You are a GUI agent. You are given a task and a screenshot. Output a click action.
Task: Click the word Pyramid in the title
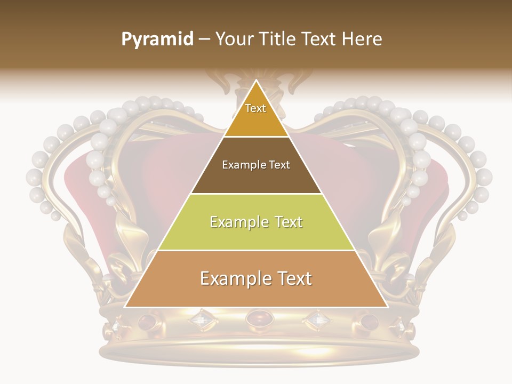click(x=157, y=39)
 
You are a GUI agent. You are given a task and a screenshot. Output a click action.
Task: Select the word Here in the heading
click(x=363, y=39)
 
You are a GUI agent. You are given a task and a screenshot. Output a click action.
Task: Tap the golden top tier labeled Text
click(x=255, y=115)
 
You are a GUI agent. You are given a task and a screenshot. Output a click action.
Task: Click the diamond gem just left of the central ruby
click(x=201, y=320)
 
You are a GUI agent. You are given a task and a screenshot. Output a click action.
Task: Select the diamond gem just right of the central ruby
click(x=317, y=320)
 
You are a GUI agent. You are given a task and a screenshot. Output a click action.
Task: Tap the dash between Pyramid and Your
click(x=204, y=39)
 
